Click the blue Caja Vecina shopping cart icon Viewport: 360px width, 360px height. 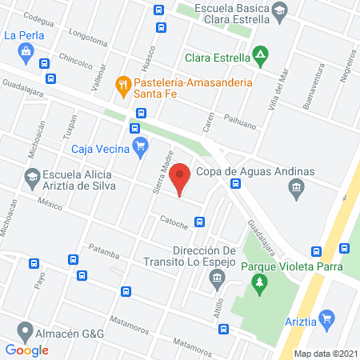pos(141,145)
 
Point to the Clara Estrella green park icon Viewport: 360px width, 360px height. pos(260,56)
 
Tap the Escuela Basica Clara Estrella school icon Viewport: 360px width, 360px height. pos(279,10)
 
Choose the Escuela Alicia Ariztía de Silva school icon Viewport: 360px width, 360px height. pos(31,177)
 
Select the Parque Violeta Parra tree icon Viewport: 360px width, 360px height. pos(258,282)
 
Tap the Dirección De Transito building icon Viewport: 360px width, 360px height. pos(216,278)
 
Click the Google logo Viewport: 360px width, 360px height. pos(27,350)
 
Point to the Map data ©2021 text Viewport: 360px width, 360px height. pos(324,353)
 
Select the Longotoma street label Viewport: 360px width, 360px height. pos(88,39)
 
